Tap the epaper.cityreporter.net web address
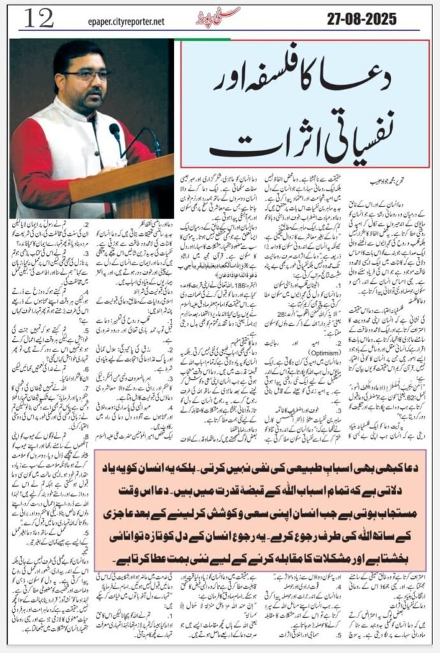[x=127, y=22]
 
